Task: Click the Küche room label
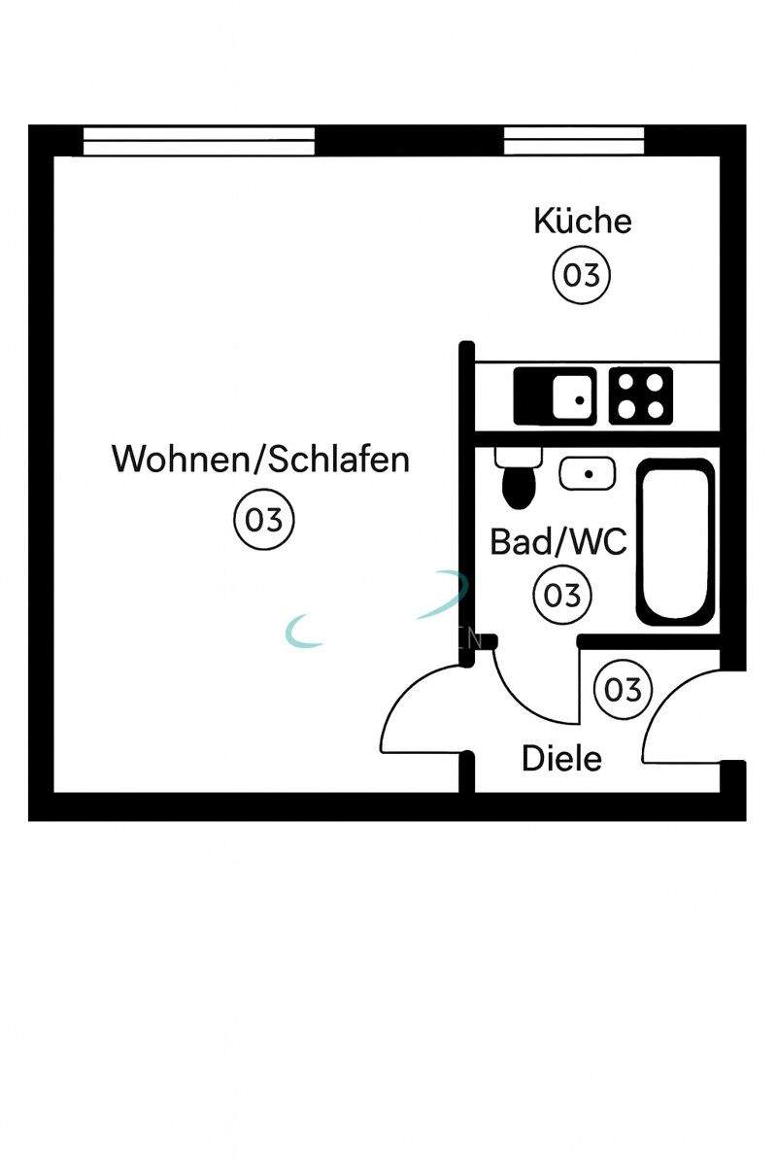tap(582, 222)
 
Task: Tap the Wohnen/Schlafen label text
tap(260, 459)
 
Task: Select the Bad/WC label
tap(557, 541)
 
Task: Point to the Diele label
tap(561, 758)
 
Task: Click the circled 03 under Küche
tap(582, 275)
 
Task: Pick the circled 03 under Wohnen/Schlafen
tap(263, 521)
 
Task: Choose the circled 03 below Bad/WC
tap(562, 594)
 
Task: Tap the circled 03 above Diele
tap(623, 689)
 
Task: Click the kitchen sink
tap(555, 396)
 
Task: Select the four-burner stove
tap(641, 396)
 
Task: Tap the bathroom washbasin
tap(587, 474)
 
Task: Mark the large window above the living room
tap(199, 142)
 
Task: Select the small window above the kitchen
tap(574, 142)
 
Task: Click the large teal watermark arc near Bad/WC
tap(447, 595)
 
